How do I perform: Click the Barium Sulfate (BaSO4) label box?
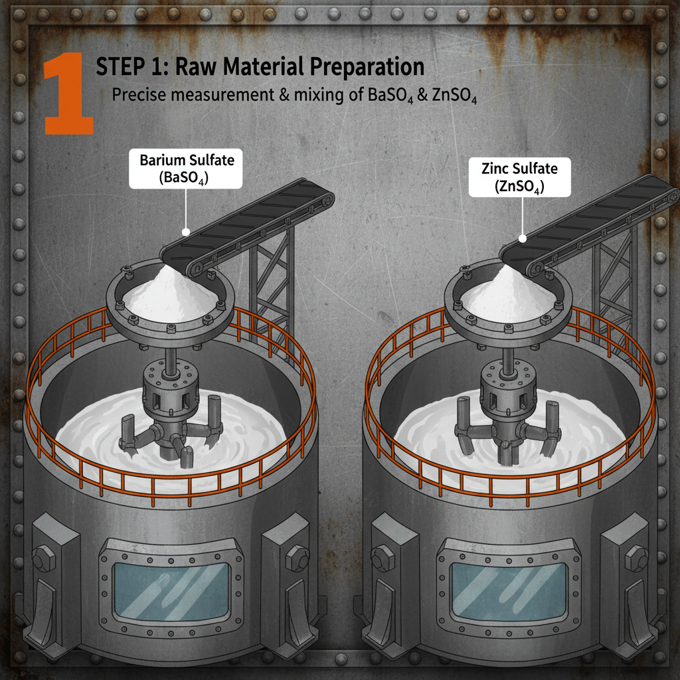(187, 169)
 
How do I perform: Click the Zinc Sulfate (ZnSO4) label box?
(519, 177)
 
